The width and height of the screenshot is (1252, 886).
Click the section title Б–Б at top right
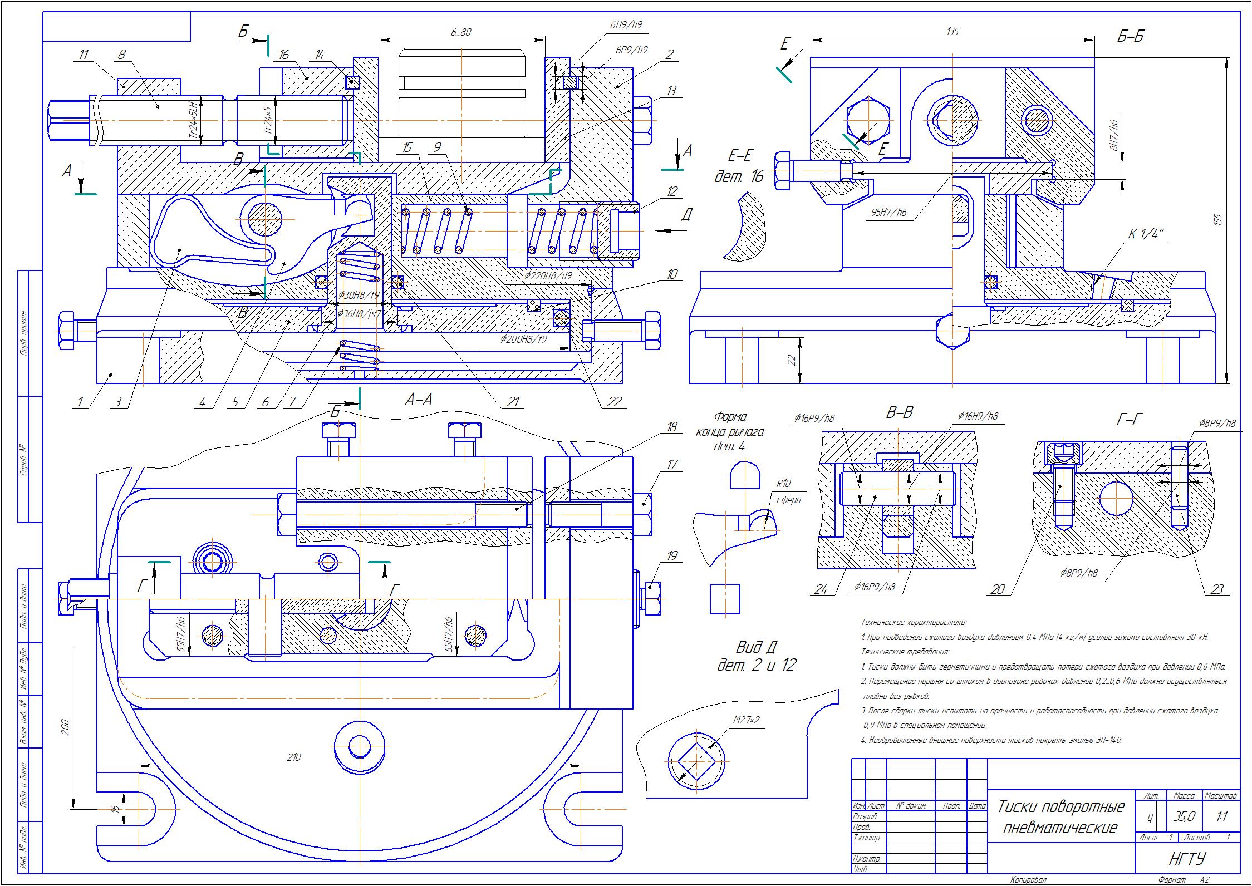point(1131,37)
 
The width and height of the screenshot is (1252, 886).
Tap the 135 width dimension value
point(952,32)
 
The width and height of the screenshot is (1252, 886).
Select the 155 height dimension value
point(1217,220)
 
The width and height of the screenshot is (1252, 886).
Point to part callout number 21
point(512,401)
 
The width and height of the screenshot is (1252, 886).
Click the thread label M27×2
point(746,721)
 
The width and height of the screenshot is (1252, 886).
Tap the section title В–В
point(900,413)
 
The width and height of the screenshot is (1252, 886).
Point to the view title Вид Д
point(757,647)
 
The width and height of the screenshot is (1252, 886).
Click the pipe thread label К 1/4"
point(1146,234)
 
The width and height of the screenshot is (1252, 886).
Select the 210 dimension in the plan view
point(293,757)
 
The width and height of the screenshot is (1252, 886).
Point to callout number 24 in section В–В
point(821,589)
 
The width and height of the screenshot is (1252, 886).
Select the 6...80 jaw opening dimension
point(461,32)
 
